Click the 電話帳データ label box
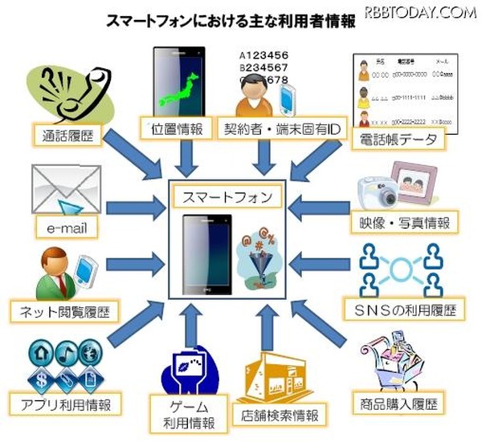398,140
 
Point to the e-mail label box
66,229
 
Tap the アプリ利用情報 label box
65,401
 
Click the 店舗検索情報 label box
280,415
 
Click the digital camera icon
378,189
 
